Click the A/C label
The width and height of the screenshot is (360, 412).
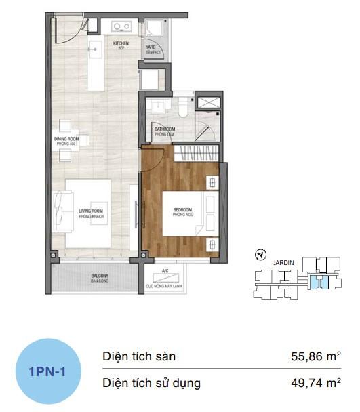tap(165, 271)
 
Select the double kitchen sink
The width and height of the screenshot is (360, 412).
tap(122, 27)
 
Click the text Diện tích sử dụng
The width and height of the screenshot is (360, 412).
tap(151, 383)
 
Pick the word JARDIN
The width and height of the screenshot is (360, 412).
tap(283, 258)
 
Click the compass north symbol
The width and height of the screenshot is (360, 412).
tap(258, 255)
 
